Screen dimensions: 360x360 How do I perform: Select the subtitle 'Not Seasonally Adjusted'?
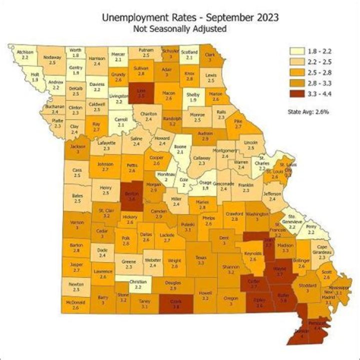[x=180, y=28]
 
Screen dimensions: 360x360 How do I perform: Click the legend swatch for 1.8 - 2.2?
[x=297, y=51]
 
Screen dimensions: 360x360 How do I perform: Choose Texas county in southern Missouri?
[x=200, y=259]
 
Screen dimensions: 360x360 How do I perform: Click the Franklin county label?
[x=246, y=187]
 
